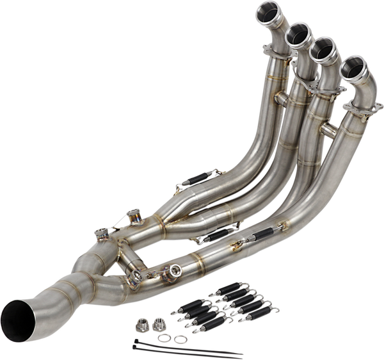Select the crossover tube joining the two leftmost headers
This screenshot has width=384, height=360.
click(x=283, y=96)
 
